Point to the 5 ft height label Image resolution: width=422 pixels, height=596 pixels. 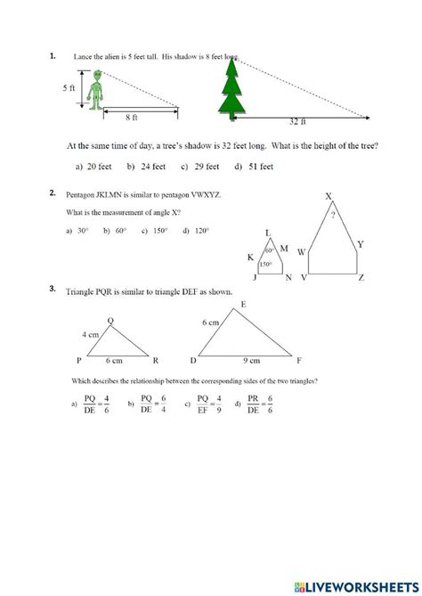(69, 88)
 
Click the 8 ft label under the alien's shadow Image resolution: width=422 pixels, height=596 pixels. (131, 116)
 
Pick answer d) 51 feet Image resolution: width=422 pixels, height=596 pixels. (254, 166)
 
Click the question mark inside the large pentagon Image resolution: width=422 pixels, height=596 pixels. (333, 215)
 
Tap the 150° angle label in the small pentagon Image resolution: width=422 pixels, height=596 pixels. (264, 265)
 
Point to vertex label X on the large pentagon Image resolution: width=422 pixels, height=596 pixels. (329, 197)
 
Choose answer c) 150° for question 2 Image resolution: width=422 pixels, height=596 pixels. (157, 231)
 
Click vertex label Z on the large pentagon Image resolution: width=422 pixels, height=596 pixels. (361, 278)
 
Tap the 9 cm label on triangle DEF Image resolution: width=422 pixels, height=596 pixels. (252, 361)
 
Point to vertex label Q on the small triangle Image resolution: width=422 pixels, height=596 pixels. (110, 321)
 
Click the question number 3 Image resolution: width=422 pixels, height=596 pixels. (53, 289)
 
